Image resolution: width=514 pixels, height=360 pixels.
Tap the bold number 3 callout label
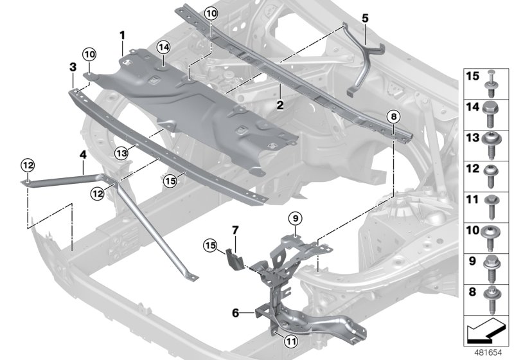click(x=73, y=66)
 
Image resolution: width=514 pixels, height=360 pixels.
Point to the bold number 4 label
click(x=82, y=154)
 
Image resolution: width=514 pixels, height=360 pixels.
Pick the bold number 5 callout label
click(x=364, y=19)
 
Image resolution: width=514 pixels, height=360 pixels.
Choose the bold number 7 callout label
click(x=235, y=229)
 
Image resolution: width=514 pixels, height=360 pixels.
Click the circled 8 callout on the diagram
click(x=393, y=116)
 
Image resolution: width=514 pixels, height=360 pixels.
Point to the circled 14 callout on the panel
click(x=163, y=46)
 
